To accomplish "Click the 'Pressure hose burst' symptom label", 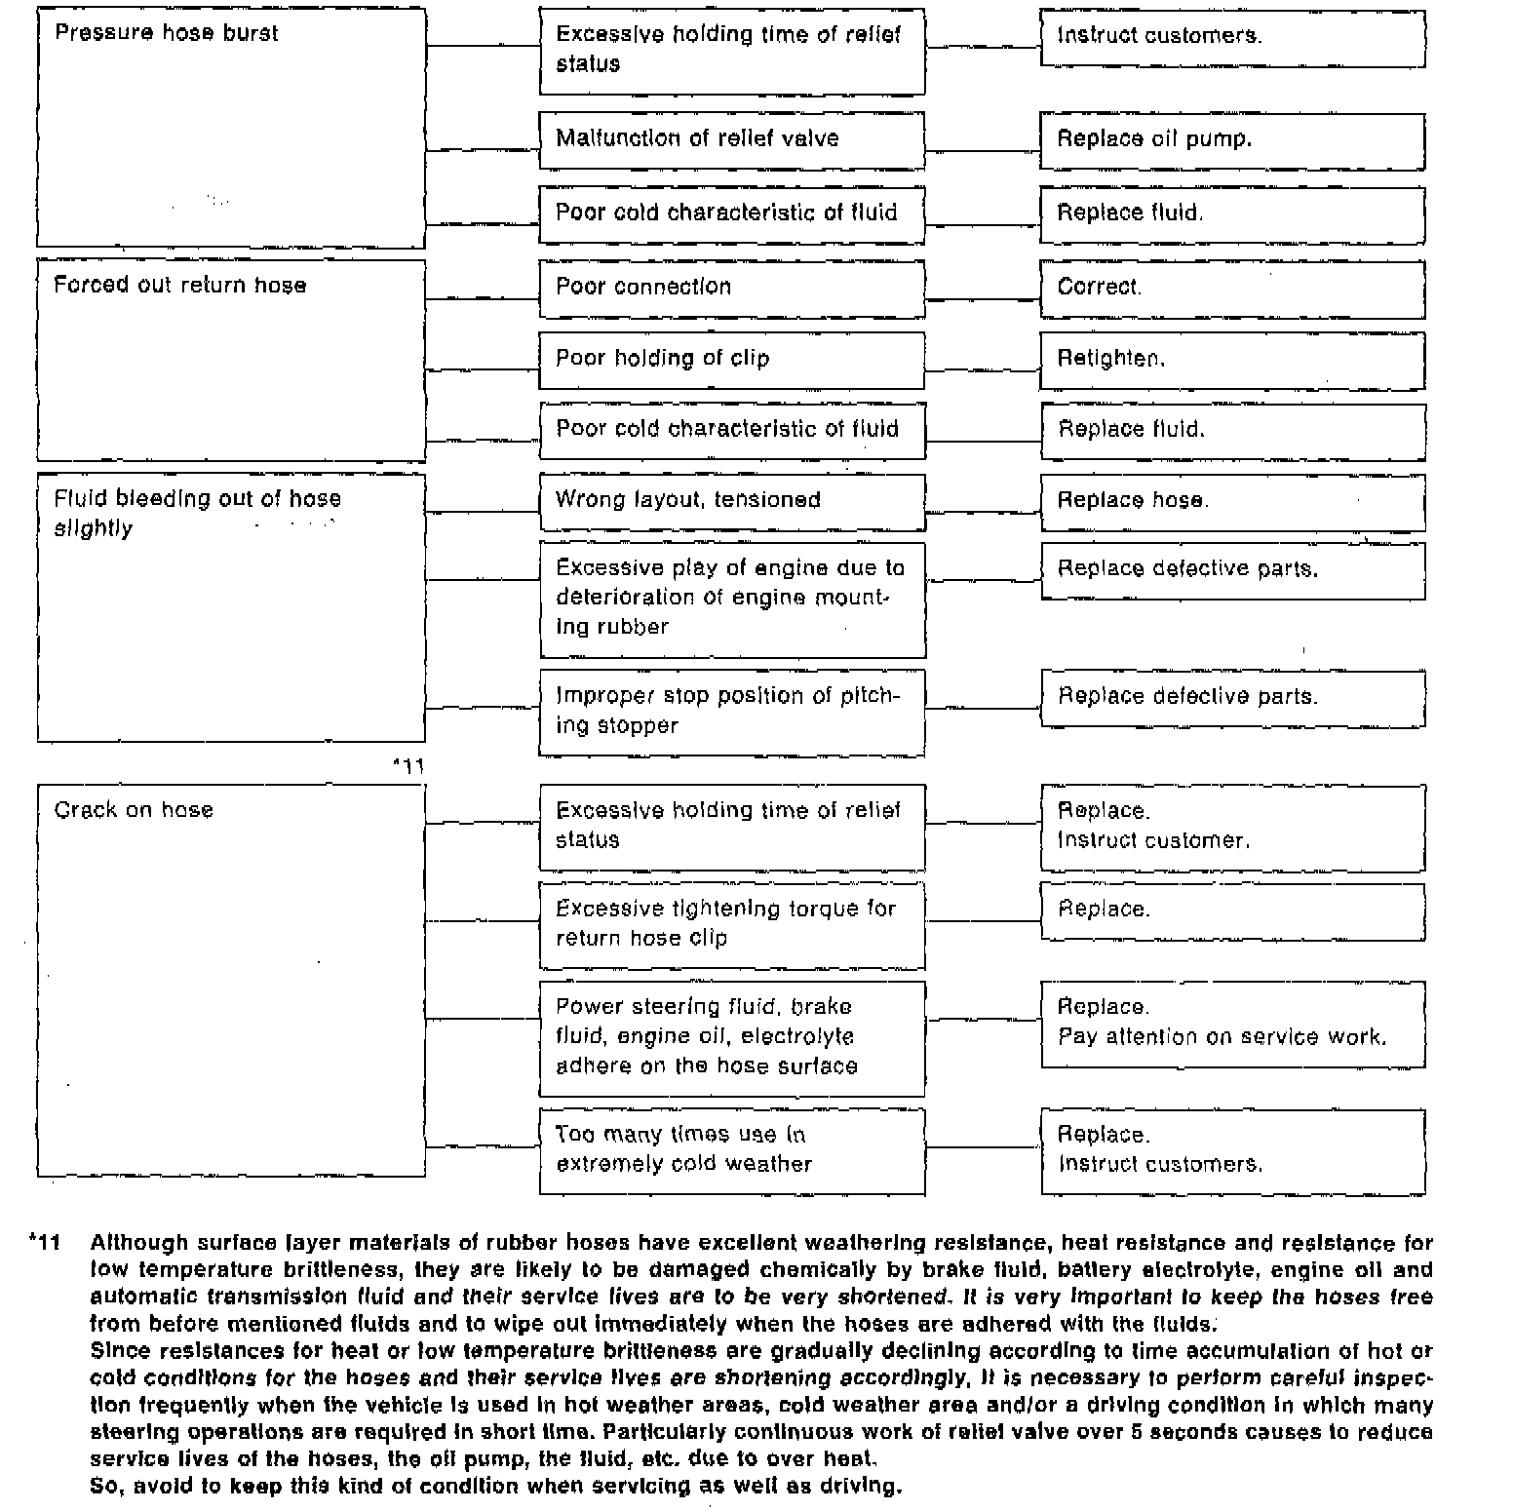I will pyautogui.click(x=166, y=33).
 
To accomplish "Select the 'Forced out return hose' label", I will pyautogui.click(x=179, y=286).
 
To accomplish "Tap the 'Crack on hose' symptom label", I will pyautogui.click(x=134, y=810).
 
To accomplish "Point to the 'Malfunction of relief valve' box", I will pyautogui.click(x=731, y=139).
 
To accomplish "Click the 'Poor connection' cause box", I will pyautogui.click(x=731, y=288).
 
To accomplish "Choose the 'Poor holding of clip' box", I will pyautogui.click(x=731, y=360).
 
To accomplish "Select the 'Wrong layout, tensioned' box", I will pyautogui.click(x=731, y=501).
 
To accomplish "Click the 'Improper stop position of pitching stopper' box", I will pyautogui.click(x=731, y=712).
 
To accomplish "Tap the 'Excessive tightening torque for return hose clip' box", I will pyautogui.click(x=731, y=924).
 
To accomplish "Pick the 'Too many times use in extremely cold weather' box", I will pyautogui.click(x=731, y=1150).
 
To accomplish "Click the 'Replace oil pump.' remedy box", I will pyautogui.click(x=1232, y=140).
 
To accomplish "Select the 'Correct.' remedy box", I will pyautogui.click(x=1232, y=288).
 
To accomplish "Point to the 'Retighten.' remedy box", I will pyautogui.click(x=1232, y=360).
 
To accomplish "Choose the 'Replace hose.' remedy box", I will pyautogui.click(x=1232, y=501).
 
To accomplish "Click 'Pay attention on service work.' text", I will pyautogui.click(x=1222, y=1037).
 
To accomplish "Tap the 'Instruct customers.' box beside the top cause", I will pyautogui.click(x=1232, y=37).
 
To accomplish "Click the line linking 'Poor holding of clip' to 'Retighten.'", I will pyautogui.click(x=983, y=370).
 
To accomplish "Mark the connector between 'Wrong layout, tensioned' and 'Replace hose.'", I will pyautogui.click(x=983, y=512).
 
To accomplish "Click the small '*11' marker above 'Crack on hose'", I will pyautogui.click(x=408, y=766).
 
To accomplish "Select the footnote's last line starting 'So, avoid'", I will pyautogui.click(x=495, y=1487).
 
